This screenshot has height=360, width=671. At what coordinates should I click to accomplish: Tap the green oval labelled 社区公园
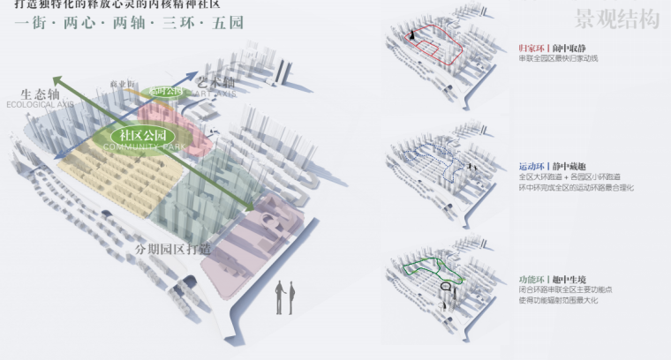(x=147, y=136)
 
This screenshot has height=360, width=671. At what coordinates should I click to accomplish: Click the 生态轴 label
(x=40, y=94)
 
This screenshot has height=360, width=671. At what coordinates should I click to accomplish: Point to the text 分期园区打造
(x=173, y=249)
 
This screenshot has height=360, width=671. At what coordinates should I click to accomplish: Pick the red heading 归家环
(x=532, y=47)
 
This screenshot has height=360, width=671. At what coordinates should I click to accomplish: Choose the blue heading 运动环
(x=532, y=166)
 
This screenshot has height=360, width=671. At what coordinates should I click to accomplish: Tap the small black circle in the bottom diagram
(x=446, y=286)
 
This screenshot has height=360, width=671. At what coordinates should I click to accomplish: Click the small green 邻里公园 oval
(x=166, y=91)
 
